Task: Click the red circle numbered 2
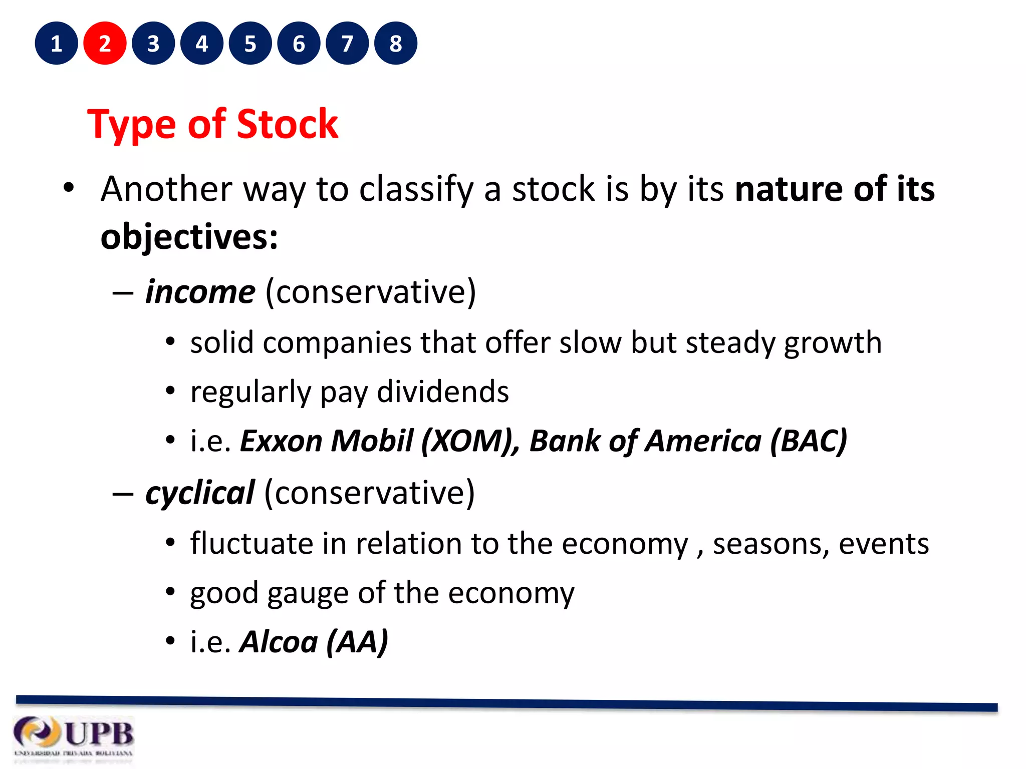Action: click(105, 44)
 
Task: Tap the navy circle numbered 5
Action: click(250, 44)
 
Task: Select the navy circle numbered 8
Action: click(396, 44)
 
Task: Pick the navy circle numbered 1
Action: click(56, 44)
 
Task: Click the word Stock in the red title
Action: click(287, 124)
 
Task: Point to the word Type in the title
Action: click(131, 125)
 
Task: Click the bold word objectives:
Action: click(189, 237)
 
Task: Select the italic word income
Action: click(200, 292)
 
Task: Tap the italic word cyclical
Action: click(200, 493)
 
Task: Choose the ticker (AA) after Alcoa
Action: click(357, 642)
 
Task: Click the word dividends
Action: click(443, 392)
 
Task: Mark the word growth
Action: click(832, 343)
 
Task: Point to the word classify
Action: click(416, 190)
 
